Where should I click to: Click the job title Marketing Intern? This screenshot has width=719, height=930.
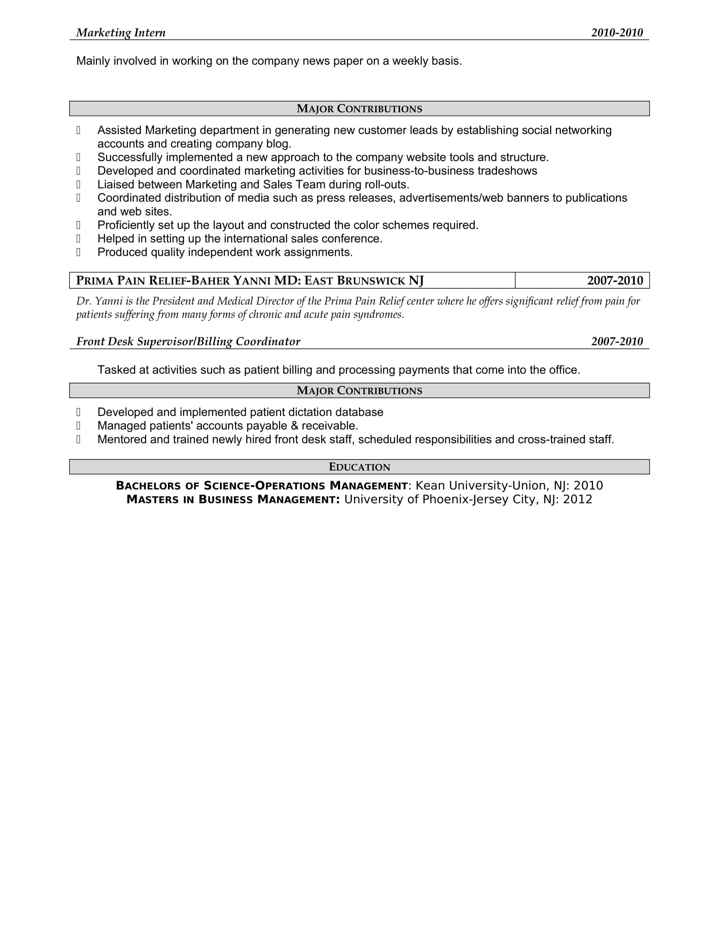[121, 33]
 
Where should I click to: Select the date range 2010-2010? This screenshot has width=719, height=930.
[617, 33]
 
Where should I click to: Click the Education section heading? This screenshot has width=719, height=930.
[359, 467]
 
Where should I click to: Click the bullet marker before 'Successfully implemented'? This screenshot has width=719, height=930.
[78, 158]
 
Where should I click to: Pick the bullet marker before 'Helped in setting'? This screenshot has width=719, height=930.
[78, 238]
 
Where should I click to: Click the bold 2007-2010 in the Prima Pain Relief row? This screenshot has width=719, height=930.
[615, 281]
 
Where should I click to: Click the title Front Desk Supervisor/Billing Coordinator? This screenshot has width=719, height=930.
[188, 342]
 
